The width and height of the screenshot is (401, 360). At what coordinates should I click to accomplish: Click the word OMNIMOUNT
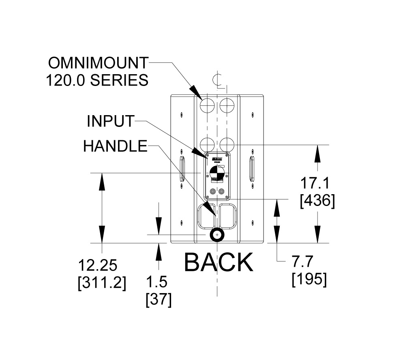[x=98, y=63]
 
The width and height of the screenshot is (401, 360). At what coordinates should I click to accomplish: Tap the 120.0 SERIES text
[x=97, y=81]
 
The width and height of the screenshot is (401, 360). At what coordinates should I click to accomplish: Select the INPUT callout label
[x=110, y=121]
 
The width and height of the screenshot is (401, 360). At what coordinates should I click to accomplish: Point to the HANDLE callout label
[x=115, y=146]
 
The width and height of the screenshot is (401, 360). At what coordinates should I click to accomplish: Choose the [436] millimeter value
[x=317, y=201]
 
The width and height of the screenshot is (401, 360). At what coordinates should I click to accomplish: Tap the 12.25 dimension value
[x=98, y=266]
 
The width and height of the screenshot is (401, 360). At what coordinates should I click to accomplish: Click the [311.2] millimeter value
[x=102, y=283]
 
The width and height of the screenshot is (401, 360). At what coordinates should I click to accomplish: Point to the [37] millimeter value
[x=158, y=300]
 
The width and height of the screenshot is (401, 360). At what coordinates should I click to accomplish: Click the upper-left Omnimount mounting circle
[x=208, y=105]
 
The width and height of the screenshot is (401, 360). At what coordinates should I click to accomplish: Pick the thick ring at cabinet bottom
[x=218, y=235]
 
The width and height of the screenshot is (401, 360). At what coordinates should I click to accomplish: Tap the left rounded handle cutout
[x=207, y=215]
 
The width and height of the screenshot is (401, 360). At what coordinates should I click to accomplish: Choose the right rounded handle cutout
[x=228, y=215]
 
